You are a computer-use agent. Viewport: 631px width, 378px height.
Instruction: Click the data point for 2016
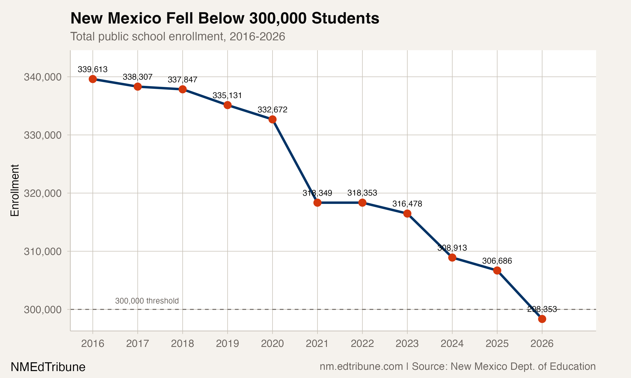[93, 79]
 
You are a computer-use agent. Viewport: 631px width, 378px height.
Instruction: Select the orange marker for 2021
[317, 202]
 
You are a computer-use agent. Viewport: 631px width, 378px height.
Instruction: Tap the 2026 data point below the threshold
[542, 319]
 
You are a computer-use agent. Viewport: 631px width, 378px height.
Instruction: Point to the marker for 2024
[452, 257]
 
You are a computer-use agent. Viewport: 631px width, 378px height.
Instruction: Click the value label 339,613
[93, 69]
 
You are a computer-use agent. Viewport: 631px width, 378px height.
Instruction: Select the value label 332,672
[272, 110]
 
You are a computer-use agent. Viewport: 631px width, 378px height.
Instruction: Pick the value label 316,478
[407, 204]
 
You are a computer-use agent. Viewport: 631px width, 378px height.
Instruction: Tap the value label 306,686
[497, 261]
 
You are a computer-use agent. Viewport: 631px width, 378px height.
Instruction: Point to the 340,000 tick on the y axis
[43, 77]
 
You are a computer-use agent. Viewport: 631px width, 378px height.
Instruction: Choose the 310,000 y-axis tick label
[43, 251]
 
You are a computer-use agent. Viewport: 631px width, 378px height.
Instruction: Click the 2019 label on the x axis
[227, 344]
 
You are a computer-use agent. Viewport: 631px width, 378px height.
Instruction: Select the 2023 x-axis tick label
[407, 344]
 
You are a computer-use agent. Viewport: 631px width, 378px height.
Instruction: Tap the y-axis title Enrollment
[15, 190]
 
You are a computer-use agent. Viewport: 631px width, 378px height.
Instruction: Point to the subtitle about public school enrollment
[178, 36]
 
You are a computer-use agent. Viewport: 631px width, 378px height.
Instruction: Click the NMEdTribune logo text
[48, 367]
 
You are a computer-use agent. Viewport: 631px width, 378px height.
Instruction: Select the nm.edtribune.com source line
[457, 366]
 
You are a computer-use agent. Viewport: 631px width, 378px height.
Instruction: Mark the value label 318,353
[362, 193]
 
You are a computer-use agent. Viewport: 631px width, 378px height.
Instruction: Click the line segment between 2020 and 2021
[295, 161]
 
